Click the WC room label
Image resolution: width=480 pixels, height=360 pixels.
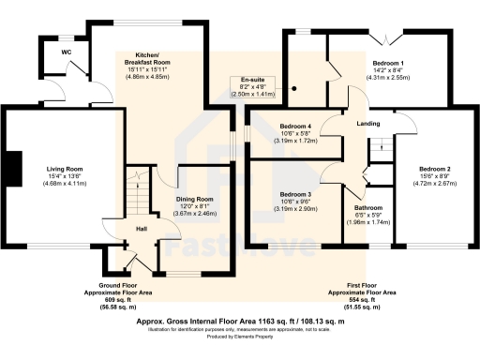click(x=67, y=52)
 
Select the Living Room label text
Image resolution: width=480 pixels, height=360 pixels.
click(x=60, y=169)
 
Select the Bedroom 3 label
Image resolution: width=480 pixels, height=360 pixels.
click(x=295, y=195)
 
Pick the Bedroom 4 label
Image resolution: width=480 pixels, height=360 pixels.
click(x=295, y=126)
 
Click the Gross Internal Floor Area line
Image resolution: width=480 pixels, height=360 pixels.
click(x=240, y=320)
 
